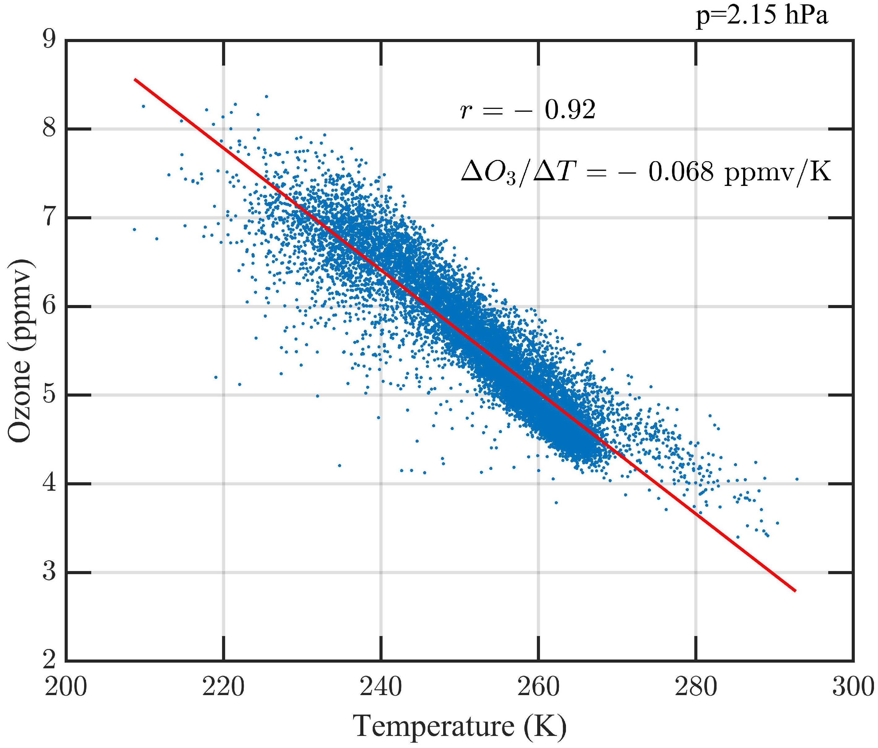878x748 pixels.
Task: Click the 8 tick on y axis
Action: (x=49, y=129)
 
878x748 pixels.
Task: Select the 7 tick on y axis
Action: (x=49, y=217)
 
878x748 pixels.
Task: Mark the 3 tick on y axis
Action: (x=49, y=572)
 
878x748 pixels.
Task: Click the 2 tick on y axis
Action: (x=49, y=660)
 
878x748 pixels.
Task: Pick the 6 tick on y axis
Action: (x=49, y=306)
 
